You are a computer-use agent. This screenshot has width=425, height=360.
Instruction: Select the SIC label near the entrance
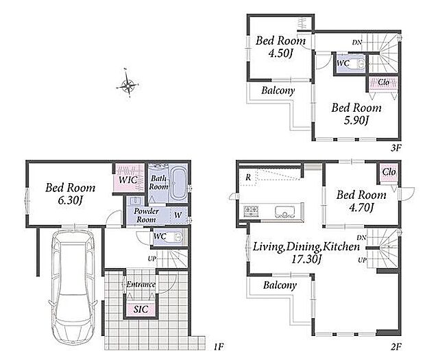[x=141, y=309]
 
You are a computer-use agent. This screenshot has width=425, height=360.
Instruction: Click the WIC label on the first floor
[x=128, y=180]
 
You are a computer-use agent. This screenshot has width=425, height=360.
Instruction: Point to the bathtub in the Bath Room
[x=179, y=183]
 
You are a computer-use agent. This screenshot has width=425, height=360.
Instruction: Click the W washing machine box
[x=178, y=215]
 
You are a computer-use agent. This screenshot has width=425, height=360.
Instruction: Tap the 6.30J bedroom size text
[x=70, y=200]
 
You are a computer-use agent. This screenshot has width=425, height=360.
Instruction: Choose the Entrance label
[x=141, y=284]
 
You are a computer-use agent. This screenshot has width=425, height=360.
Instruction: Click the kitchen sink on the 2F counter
[x=284, y=212]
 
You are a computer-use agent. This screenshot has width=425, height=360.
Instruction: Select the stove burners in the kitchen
[x=251, y=211]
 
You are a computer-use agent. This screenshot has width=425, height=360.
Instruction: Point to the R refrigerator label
[x=248, y=178]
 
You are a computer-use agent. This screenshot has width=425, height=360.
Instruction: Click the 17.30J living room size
[x=306, y=259]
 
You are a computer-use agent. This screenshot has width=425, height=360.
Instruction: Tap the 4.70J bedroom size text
[x=361, y=208]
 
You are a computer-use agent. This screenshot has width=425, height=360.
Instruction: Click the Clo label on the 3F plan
[x=384, y=82]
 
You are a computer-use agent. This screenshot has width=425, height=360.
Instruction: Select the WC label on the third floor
[x=343, y=64]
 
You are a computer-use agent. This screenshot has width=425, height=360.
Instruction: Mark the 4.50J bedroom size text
[x=280, y=53]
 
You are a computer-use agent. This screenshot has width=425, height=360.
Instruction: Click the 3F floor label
[x=396, y=147]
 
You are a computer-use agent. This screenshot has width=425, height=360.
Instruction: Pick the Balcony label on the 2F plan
[x=280, y=285]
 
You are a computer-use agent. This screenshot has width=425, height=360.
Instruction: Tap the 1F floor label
[x=219, y=346]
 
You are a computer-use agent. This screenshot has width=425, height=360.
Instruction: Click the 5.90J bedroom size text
[x=356, y=121]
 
